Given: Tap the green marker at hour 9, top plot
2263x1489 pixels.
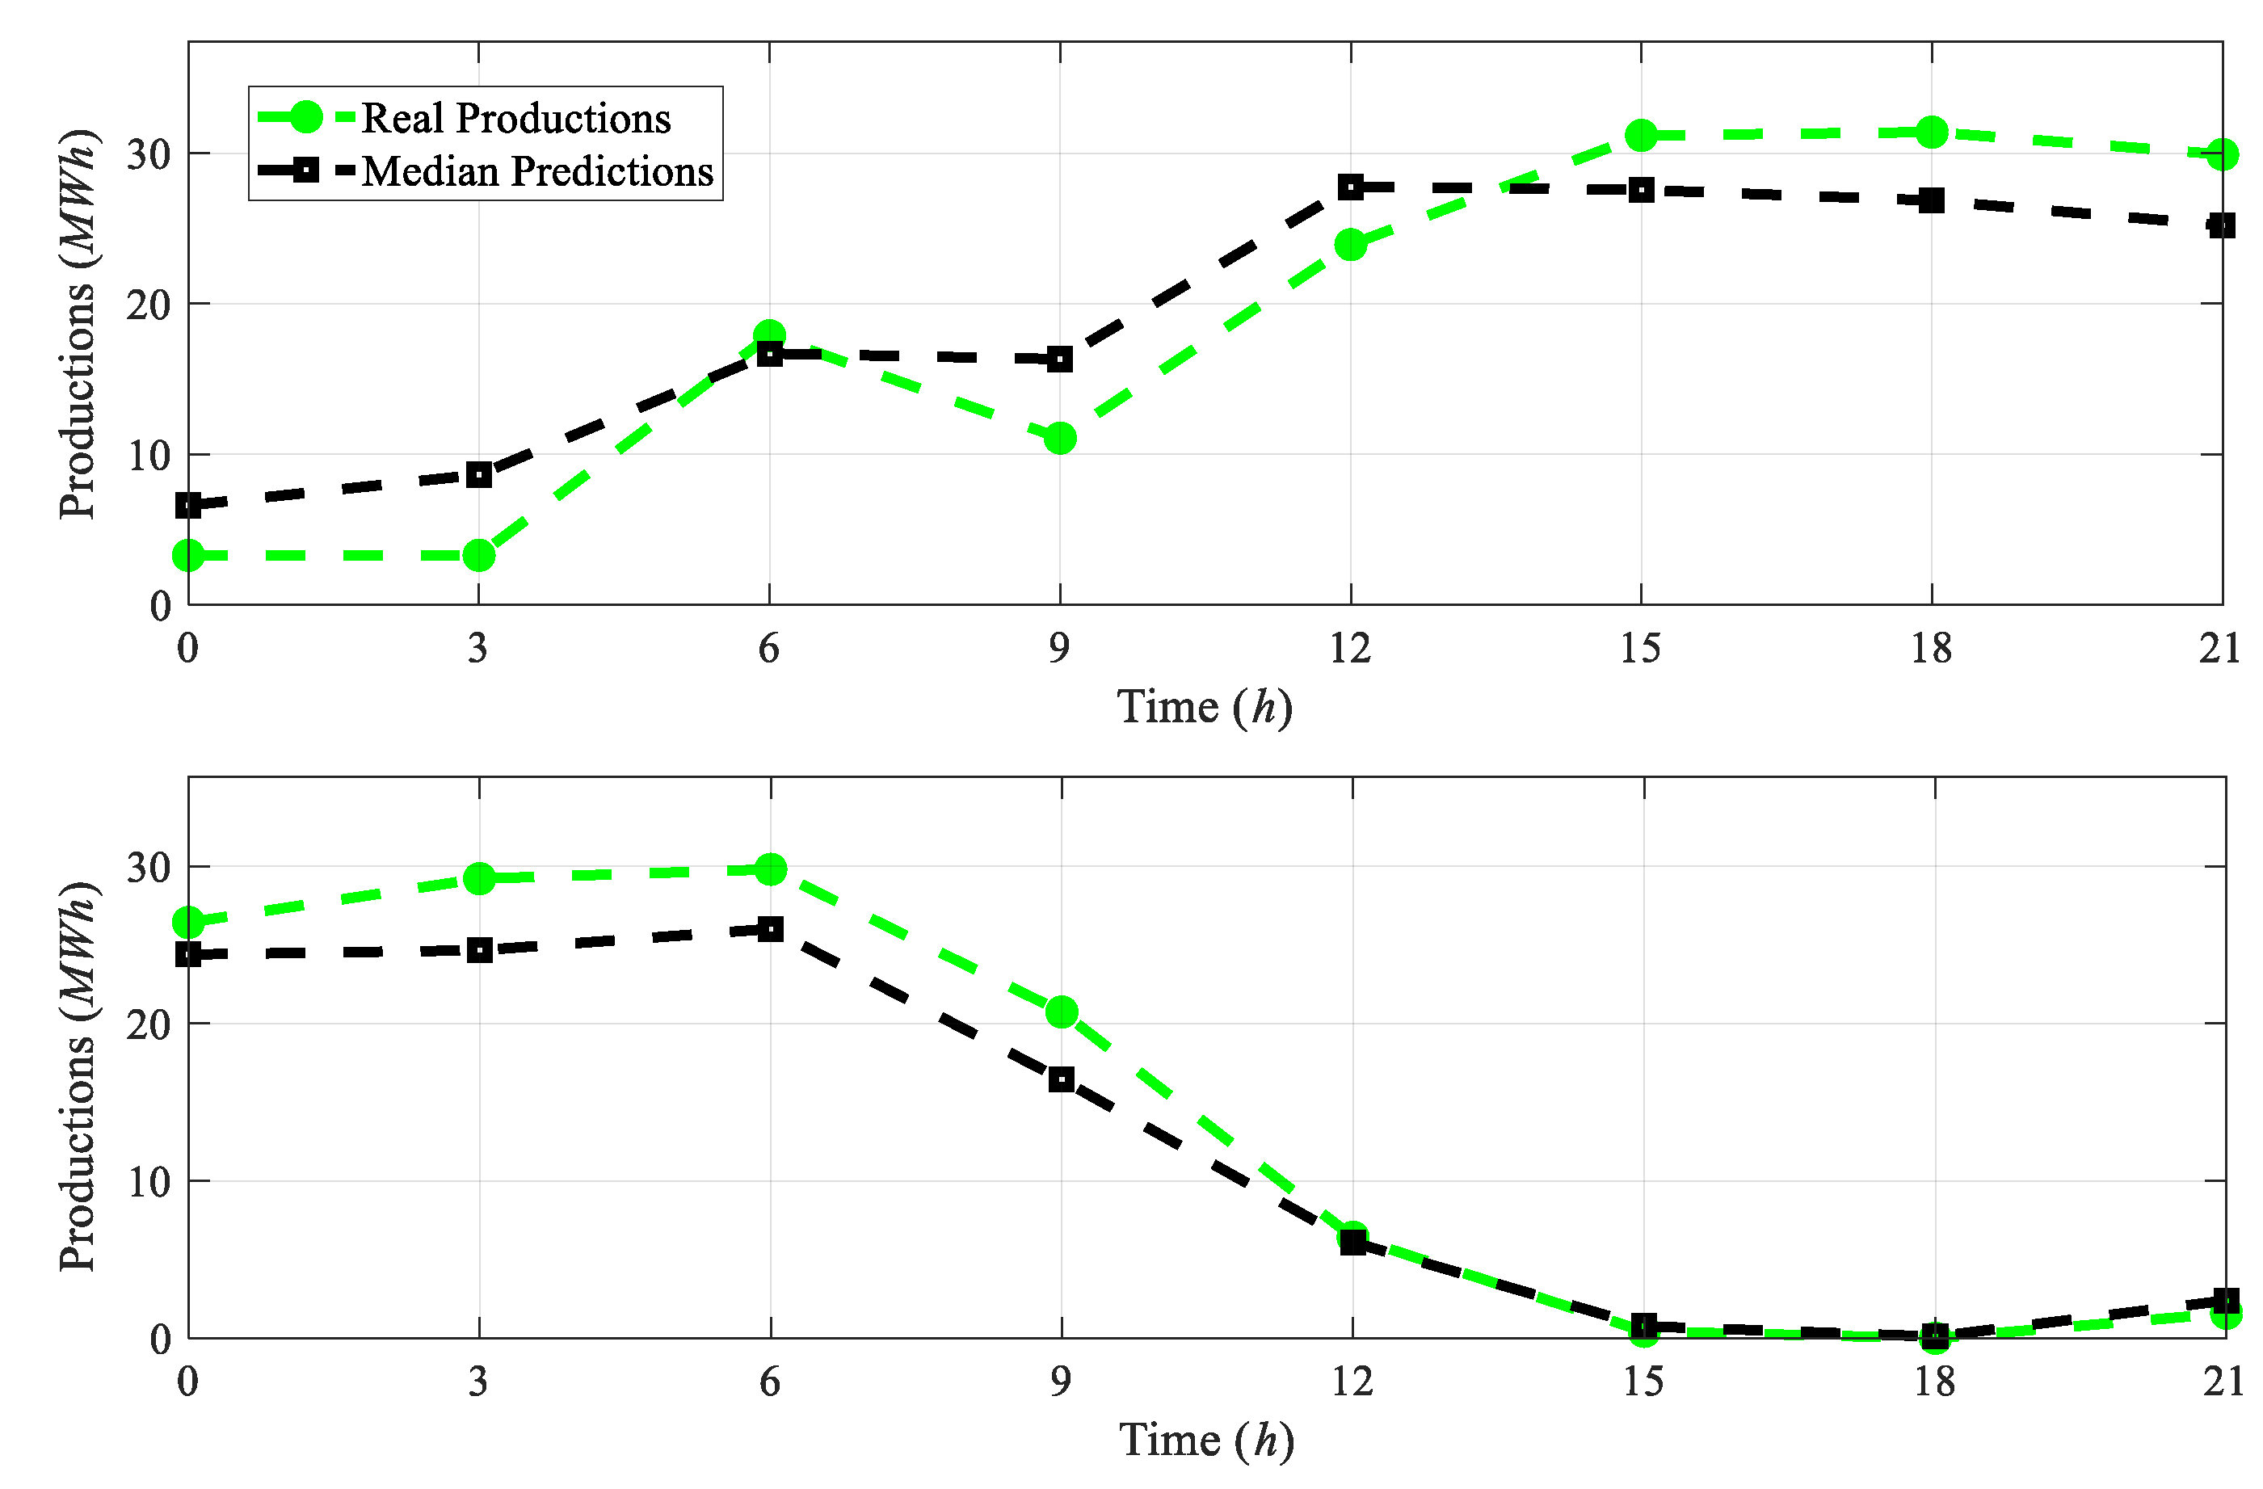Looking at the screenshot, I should click(x=1059, y=439).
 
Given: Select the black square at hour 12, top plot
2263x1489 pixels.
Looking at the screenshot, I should click(x=1350, y=187).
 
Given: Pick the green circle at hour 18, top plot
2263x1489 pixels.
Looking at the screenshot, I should click(x=1931, y=132).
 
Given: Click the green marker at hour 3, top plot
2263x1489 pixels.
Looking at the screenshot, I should click(x=479, y=555).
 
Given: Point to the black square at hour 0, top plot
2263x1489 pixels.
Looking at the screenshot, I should click(x=189, y=505).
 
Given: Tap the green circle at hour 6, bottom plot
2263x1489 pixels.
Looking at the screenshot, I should click(x=770, y=869).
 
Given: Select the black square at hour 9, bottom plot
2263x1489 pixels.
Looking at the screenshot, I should click(x=1061, y=1079).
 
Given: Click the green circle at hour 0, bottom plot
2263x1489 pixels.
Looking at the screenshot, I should click(x=188, y=923).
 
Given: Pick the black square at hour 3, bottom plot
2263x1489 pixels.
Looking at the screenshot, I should click(x=479, y=950).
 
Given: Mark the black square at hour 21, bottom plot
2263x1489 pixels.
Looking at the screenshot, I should click(x=2225, y=1300).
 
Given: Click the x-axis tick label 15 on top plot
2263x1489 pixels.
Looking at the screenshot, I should click(x=1640, y=650).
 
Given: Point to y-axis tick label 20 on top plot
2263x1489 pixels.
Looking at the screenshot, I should click(x=149, y=305).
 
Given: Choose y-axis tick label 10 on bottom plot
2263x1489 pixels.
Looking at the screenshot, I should click(x=149, y=1182).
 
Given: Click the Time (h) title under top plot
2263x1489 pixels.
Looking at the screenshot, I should click(x=1205, y=708).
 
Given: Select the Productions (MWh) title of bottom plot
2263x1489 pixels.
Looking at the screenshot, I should click(x=78, y=1075).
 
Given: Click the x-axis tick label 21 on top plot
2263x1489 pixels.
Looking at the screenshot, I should click(x=2220, y=650).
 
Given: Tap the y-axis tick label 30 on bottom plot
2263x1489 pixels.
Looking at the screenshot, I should click(x=149, y=867).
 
